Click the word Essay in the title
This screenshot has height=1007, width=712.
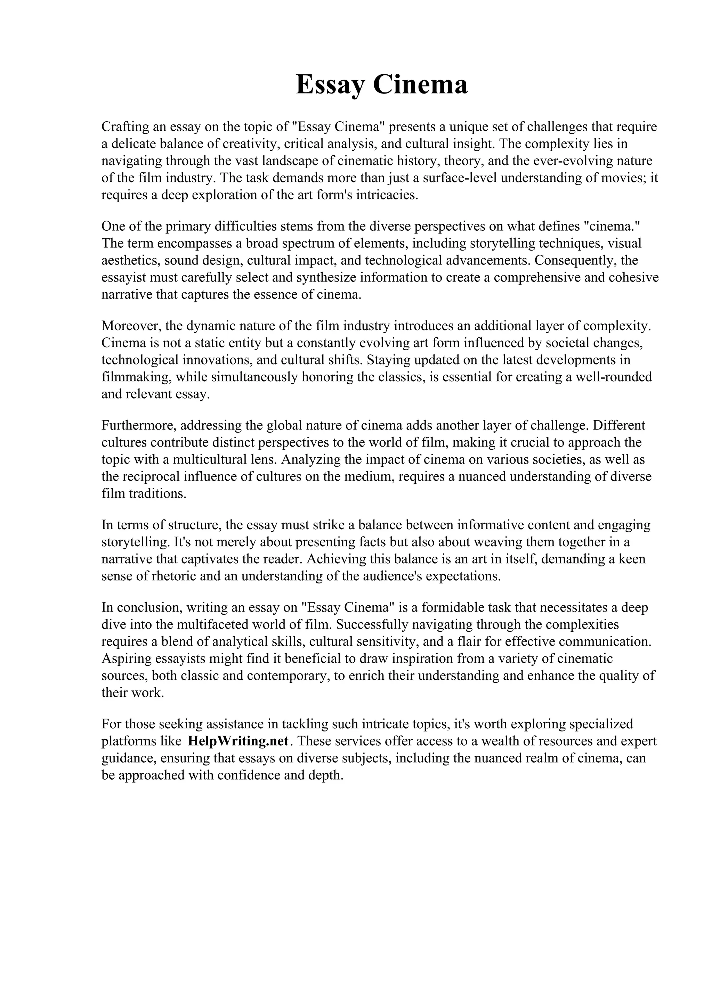[x=330, y=85]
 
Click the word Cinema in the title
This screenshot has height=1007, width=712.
[x=420, y=85]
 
